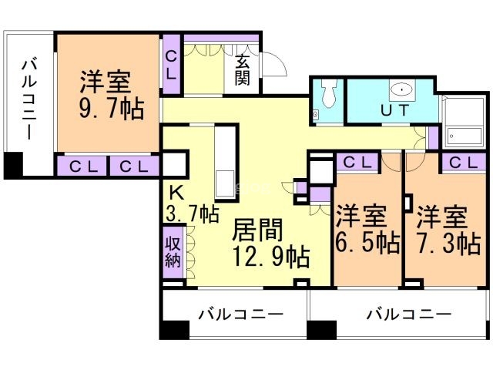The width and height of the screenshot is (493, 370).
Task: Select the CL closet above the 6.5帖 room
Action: point(356,163)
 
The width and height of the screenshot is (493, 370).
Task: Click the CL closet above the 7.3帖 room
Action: point(462,163)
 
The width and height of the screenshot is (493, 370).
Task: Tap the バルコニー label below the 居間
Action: point(240,314)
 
